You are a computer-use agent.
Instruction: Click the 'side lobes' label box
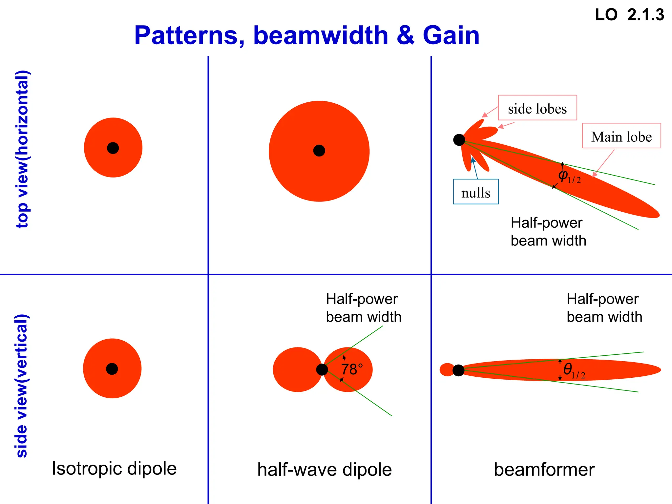pyautogui.click(x=537, y=108)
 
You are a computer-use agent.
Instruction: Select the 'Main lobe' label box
pyautogui.click(x=621, y=136)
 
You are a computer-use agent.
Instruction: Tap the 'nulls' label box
pyautogui.click(x=475, y=192)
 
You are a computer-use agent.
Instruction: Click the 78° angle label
pyautogui.click(x=352, y=369)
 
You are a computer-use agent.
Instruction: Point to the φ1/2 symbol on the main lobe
pyautogui.click(x=568, y=176)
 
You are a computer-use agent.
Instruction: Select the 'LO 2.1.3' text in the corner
pyautogui.click(x=629, y=15)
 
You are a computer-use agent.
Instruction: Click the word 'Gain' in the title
pyautogui.click(x=451, y=35)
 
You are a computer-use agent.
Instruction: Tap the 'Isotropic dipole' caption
pyautogui.click(x=114, y=469)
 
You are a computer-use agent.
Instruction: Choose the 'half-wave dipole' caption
pyautogui.click(x=324, y=470)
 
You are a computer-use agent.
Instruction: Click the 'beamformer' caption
pyautogui.click(x=544, y=470)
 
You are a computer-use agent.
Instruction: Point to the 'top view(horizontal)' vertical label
pyautogui.click(x=23, y=149)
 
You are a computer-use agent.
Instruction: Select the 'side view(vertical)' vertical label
pyautogui.click(x=23, y=386)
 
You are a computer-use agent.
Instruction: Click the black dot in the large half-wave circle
pyautogui.click(x=319, y=151)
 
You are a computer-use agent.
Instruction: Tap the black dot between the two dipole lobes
pyautogui.click(x=322, y=370)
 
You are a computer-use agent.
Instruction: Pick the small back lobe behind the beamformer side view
pyautogui.click(x=446, y=370)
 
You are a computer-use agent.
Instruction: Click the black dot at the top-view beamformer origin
pyautogui.click(x=459, y=140)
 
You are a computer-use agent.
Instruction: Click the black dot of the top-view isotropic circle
pyautogui.click(x=113, y=148)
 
